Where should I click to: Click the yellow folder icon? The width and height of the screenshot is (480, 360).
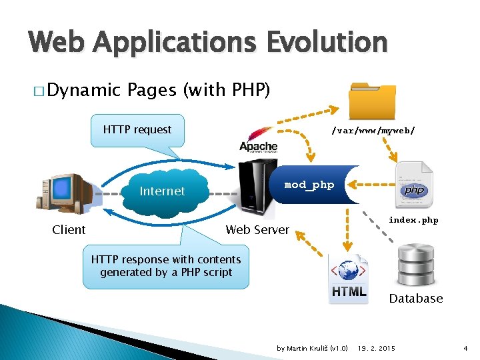tap(373, 101)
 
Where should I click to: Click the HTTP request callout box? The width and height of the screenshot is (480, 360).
tap(137, 130)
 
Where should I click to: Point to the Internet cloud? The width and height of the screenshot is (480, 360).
tap(162, 191)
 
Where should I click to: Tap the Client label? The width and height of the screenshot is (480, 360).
tap(69, 230)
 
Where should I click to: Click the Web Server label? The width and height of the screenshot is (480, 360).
tap(257, 230)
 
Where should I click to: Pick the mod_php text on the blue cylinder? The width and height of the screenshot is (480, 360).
tap(309, 185)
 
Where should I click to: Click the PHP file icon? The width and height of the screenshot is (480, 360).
tap(413, 184)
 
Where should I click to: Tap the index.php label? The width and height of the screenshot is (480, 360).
tap(413, 221)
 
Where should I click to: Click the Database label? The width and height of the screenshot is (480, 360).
tap(416, 299)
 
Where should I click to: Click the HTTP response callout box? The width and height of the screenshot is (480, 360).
tap(166, 266)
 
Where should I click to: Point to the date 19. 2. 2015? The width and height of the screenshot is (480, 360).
tap(377, 349)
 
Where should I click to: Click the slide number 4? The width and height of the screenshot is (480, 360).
tap(465, 349)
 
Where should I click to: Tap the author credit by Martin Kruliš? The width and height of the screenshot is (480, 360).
tap(312, 349)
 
